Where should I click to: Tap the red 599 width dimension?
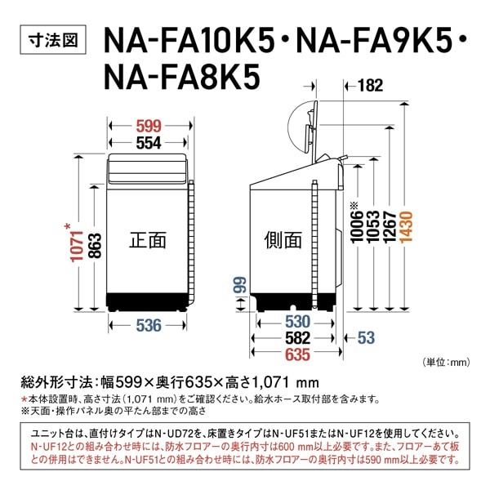(148, 127)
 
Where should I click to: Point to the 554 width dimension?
(148, 142)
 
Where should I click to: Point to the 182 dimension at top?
(369, 84)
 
